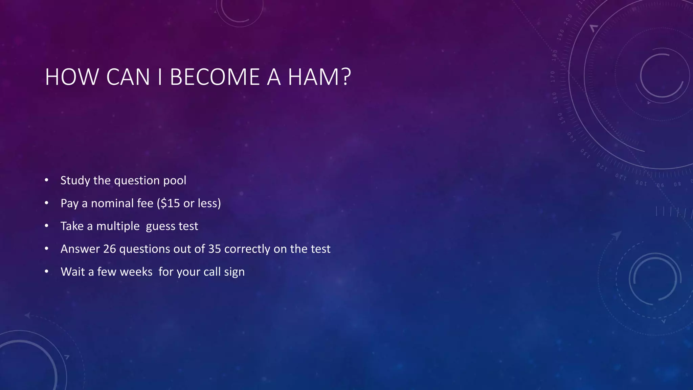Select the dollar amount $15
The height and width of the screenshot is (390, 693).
[x=170, y=203]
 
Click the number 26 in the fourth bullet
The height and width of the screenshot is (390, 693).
[x=110, y=249]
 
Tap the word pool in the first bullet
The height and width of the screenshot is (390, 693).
[x=175, y=180]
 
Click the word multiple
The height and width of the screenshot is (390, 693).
[x=118, y=226]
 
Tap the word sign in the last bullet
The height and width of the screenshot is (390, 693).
[x=234, y=272]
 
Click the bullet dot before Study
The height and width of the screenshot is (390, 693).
[x=47, y=180]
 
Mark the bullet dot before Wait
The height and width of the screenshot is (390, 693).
[x=47, y=272]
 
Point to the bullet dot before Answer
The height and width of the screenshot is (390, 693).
[x=47, y=248]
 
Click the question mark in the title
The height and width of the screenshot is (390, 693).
[x=346, y=77]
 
